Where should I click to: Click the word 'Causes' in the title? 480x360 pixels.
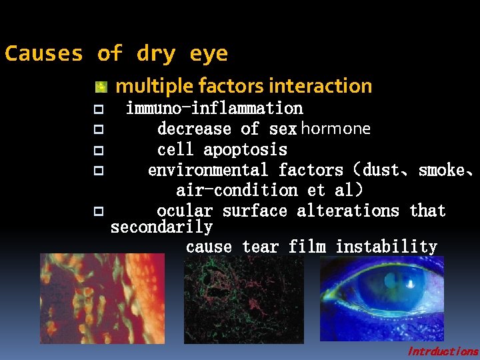(x=44, y=53)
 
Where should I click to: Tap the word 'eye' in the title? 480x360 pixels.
(x=209, y=53)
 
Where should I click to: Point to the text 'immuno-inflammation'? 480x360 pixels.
(x=214, y=108)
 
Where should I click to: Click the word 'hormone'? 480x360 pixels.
(x=335, y=129)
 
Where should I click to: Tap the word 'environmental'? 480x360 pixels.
(x=208, y=170)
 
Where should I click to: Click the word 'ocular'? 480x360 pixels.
(x=185, y=211)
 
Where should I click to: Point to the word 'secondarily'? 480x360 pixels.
(x=161, y=227)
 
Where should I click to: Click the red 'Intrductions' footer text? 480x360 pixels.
(x=442, y=351)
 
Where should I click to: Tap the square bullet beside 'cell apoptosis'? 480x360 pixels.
(x=98, y=150)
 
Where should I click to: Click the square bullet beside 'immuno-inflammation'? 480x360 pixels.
(x=98, y=109)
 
